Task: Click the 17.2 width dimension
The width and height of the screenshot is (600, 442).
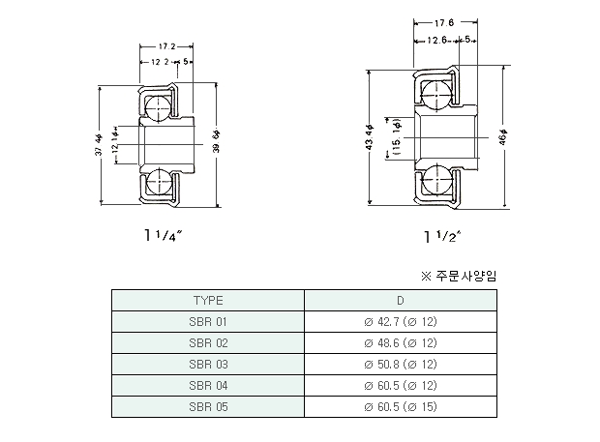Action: point(166,46)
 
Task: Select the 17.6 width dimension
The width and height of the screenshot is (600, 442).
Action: point(444,23)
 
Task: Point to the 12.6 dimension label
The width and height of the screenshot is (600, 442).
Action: point(436,40)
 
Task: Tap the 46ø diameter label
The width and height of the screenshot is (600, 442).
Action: point(503,137)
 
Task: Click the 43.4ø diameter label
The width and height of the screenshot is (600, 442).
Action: point(370,137)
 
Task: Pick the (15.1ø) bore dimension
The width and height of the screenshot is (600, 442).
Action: point(397,136)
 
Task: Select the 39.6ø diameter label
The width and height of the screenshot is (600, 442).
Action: point(217,141)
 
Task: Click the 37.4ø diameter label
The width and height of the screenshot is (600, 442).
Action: point(99,144)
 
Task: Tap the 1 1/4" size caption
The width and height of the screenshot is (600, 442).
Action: point(163,236)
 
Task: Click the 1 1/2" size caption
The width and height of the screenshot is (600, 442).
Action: point(442,237)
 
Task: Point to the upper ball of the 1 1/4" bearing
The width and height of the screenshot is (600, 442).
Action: point(158,108)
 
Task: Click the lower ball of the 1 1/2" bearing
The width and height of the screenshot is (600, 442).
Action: point(436,179)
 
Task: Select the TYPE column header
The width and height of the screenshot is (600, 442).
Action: point(208,301)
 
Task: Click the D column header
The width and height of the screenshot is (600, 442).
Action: point(401,301)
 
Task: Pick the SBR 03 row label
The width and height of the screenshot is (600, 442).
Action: point(208,365)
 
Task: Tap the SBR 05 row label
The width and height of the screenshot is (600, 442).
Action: point(208,407)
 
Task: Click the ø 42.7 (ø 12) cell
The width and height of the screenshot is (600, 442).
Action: point(401,322)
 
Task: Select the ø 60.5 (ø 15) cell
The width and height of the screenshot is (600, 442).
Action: point(401,407)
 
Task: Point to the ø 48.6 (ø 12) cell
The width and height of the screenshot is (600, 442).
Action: point(401,343)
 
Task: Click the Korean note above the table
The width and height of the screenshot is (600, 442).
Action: point(459,276)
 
